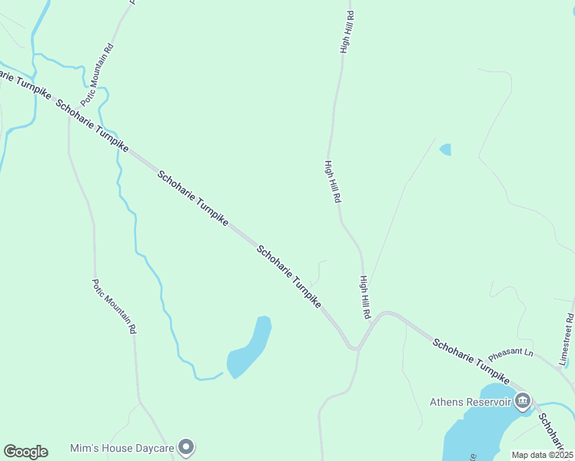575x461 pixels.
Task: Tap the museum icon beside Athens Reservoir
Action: click(523, 400)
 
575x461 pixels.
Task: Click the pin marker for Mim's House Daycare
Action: click(185, 446)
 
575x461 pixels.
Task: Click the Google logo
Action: click(25, 452)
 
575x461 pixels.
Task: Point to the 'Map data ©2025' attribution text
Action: click(542, 455)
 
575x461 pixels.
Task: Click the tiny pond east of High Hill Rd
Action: click(445, 149)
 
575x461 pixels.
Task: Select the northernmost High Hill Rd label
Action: click(347, 32)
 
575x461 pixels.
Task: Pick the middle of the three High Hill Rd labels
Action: click(332, 181)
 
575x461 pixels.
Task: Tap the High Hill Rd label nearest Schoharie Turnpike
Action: click(365, 298)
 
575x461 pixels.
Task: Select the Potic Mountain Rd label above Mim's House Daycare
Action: click(114, 305)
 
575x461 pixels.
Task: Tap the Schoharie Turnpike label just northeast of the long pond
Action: click(288, 277)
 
